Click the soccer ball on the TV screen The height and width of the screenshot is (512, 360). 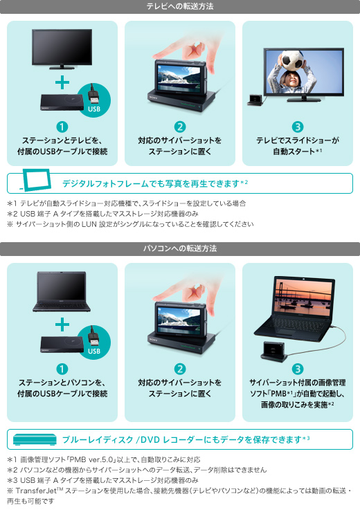click(x=292, y=60)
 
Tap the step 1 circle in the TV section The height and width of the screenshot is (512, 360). click(x=62, y=127)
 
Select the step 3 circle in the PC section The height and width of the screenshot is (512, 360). click(x=298, y=369)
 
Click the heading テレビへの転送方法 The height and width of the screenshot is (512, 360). click(x=180, y=6)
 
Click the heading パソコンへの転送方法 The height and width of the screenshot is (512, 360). click(x=180, y=248)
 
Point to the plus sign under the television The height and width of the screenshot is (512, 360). click(x=62, y=82)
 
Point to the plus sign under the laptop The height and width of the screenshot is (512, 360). click(x=62, y=324)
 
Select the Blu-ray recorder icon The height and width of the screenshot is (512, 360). click(x=35, y=439)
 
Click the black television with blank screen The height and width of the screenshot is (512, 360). click(x=62, y=49)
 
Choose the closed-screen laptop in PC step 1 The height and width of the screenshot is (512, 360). click(x=62, y=291)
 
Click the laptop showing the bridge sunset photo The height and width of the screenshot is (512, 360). click(x=295, y=309)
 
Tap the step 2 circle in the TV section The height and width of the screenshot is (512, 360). click(x=180, y=127)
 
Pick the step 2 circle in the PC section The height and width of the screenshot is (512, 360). click(x=180, y=369)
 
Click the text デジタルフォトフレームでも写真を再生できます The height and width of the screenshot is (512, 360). click(x=151, y=184)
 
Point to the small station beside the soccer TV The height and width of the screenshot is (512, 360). click(x=255, y=100)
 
